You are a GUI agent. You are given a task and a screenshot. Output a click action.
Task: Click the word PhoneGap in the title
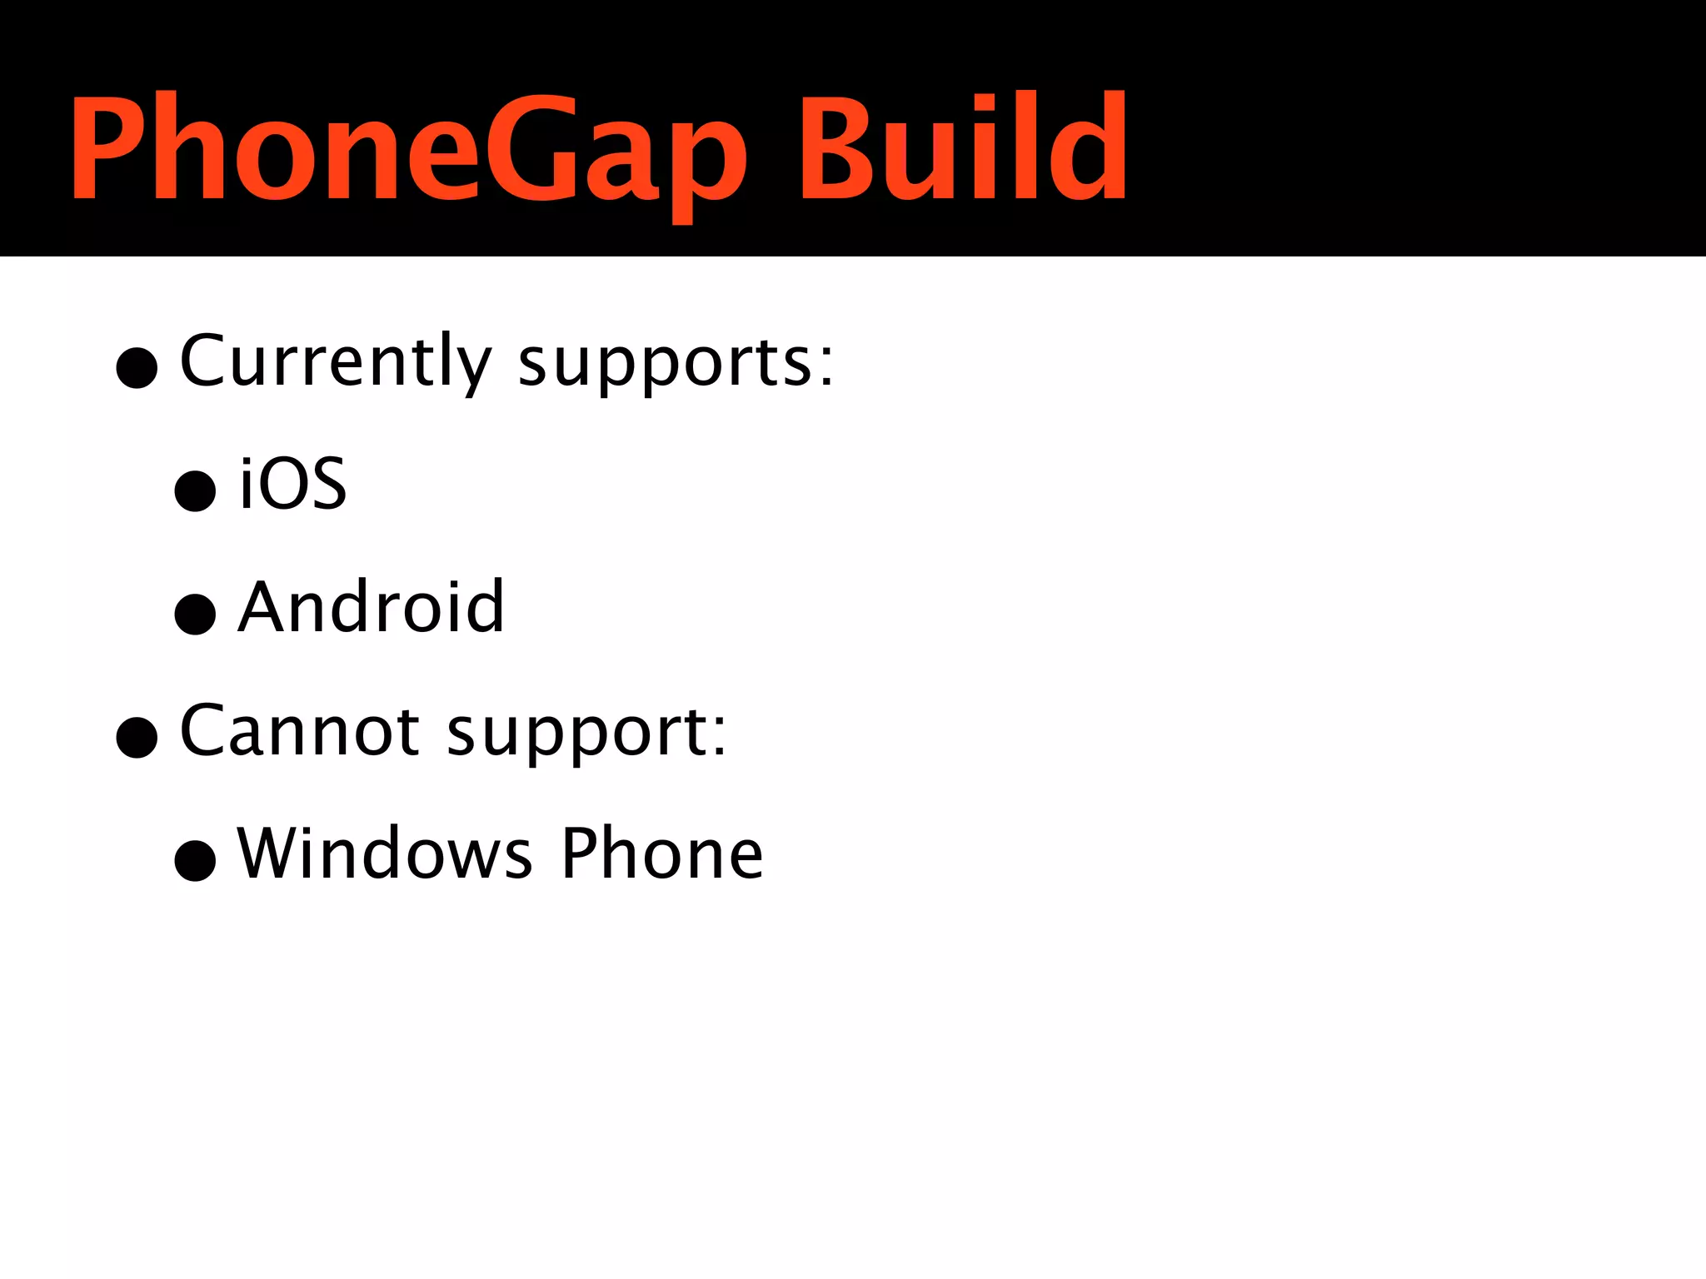tap(408, 150)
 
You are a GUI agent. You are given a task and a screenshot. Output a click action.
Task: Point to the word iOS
tap(292, 484)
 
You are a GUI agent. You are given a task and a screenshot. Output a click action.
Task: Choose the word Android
tap(372, 607)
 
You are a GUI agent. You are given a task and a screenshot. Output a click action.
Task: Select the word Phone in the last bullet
tap(662, 853)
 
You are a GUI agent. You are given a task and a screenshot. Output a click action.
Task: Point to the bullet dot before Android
tap(196, 614)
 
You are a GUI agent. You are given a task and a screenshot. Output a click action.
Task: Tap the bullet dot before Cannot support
tap(137, 737)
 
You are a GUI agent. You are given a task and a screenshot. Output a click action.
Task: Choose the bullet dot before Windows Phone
tap(196, 859)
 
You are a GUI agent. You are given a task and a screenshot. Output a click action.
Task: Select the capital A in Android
tap(269, 607)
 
